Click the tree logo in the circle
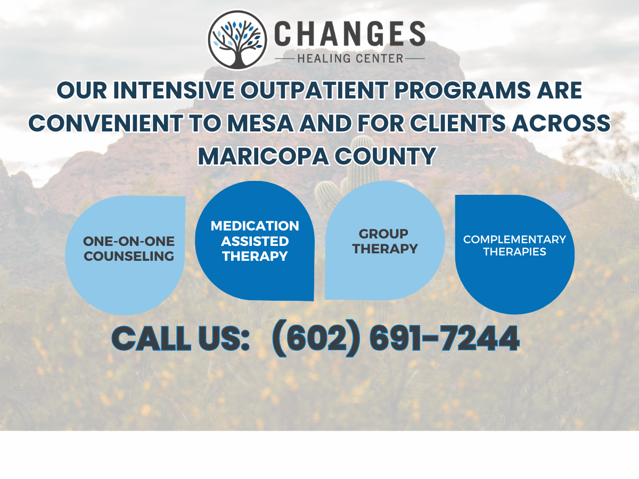pos(237,40)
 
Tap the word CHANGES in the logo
pos(350,34)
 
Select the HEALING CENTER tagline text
pos(350,59)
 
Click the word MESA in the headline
pos(260,123)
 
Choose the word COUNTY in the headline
pos(386,156)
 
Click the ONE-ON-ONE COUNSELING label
pos(129,249)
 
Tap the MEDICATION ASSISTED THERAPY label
pos(255,241)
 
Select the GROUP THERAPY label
pos(385,241)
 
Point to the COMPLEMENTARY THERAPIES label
pos(514,245)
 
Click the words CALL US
pos(181,338)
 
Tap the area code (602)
pos(316,338)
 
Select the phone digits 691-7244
pos(445,338)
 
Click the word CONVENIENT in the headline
pos(105,123)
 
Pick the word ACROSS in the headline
pos(561,123)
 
